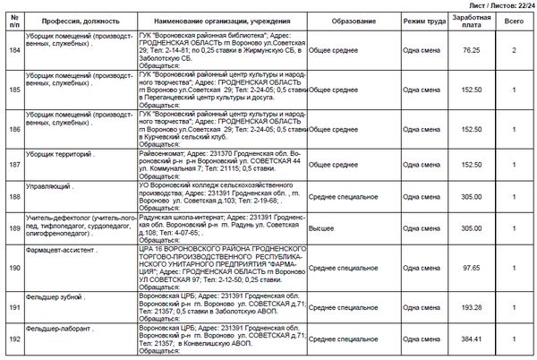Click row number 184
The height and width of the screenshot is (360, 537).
coord(13,50)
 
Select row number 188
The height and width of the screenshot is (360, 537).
coord(13,195)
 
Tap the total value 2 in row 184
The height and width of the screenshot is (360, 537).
coord(515,50)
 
